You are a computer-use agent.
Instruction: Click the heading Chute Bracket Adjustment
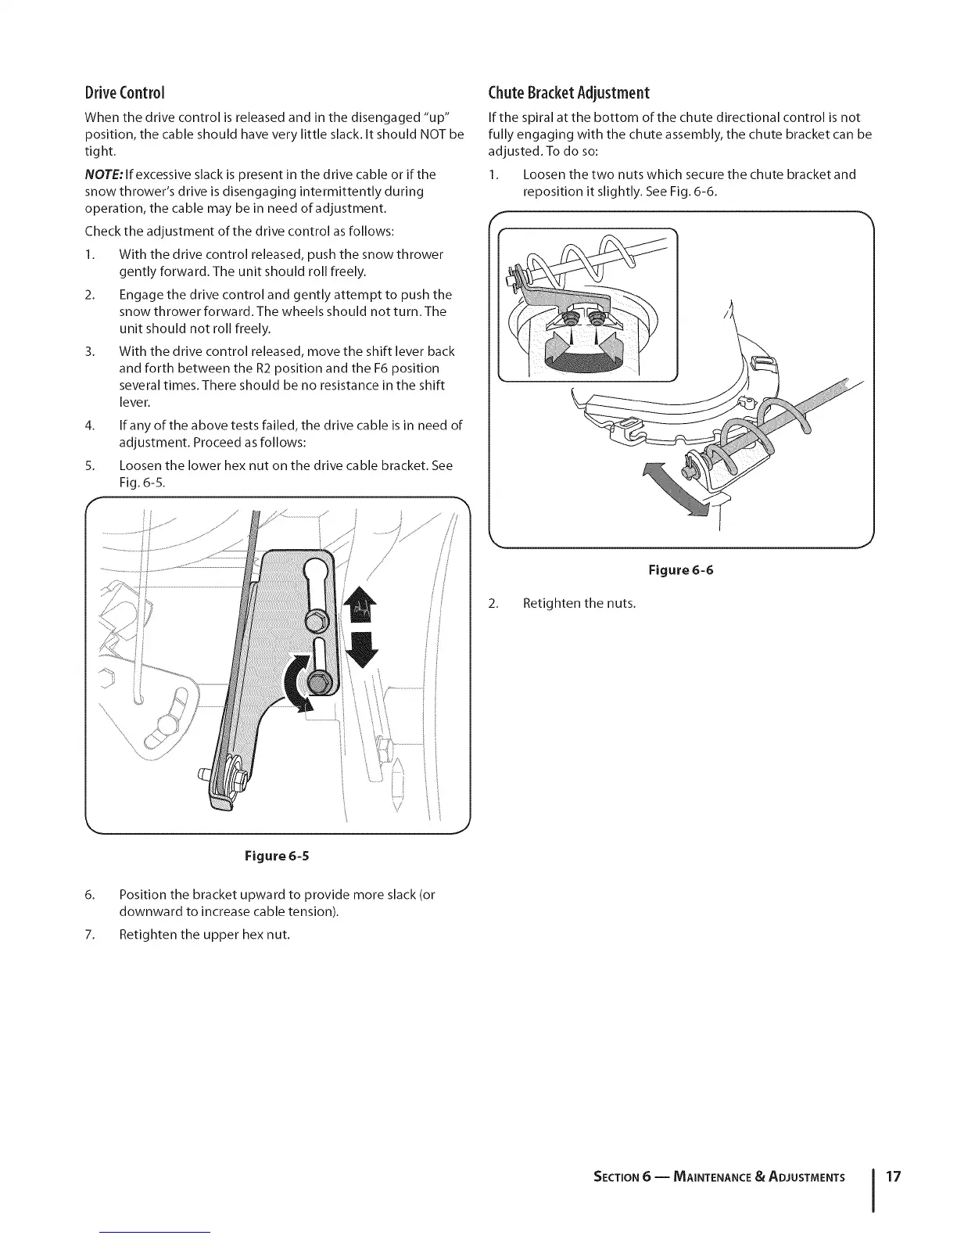pos(568,93)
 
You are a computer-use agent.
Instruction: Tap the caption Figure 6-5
pos(278,855)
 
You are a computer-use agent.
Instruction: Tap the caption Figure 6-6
pos(680,569)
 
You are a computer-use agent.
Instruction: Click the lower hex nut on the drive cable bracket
pos(319,681)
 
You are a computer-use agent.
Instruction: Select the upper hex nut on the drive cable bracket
pos(315,620)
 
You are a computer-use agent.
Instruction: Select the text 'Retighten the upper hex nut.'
pos(204,935)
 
